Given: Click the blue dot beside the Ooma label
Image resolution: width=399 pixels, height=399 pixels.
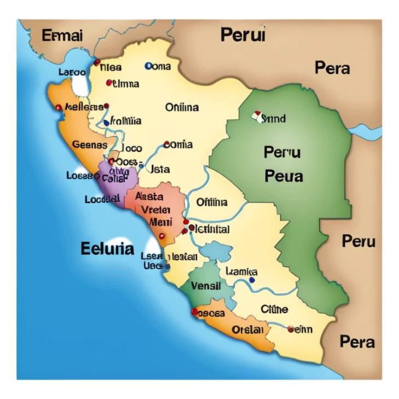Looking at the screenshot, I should coord(148,66).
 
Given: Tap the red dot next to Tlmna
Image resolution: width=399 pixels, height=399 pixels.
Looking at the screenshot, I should coord(109,83).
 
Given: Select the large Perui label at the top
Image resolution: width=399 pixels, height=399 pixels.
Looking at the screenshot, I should coord(242,35).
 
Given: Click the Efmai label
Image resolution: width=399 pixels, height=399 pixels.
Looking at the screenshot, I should coord(62,36).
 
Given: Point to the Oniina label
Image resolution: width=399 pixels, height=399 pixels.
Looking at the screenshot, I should coord(182,108).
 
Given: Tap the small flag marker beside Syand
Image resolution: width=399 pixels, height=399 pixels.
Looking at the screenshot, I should coord(256,116).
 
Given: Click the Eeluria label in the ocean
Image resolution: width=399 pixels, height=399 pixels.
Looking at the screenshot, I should coord(107,248).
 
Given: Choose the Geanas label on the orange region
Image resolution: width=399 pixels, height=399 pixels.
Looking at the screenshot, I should coord(89,145).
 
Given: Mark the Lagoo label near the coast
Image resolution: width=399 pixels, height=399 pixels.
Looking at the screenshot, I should coord(72,72).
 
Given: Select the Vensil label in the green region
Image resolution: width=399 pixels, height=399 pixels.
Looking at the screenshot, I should coord(206,286).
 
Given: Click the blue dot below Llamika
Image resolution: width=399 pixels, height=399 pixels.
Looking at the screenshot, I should coord(251,280).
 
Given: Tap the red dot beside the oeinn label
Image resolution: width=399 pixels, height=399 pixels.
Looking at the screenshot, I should coord(290,329).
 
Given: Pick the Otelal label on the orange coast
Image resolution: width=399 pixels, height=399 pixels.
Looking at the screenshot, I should coord(247,330).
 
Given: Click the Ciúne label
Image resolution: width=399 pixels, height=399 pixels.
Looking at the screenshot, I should coord(274,309).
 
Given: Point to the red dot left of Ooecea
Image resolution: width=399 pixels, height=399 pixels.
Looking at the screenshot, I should coord(194,311).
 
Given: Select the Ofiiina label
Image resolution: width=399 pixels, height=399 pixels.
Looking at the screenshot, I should coord(212,203).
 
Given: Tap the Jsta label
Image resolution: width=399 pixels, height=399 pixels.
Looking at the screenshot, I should coord(160,169).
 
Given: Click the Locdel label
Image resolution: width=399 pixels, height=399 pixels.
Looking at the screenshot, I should coord(102,200).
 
